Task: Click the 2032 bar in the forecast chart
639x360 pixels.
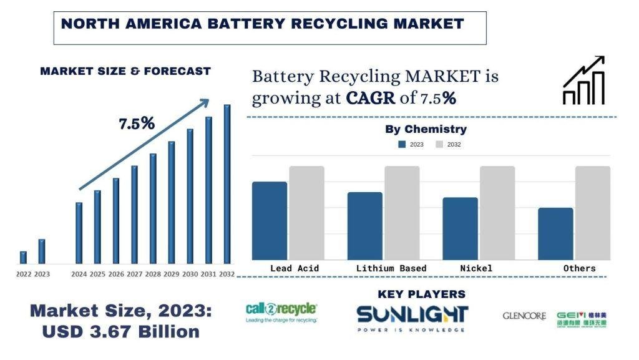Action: [227, 184]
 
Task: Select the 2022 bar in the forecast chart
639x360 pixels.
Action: [23, 258]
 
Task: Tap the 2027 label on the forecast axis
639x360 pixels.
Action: [134, 274]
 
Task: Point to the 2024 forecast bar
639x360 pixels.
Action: [79, 233]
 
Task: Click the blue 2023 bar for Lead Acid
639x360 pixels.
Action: [270, 221]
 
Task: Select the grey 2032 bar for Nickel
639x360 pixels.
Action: [497, 213]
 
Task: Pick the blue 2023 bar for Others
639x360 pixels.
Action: [555, 234]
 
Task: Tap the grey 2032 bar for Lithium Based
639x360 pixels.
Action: [402, 213]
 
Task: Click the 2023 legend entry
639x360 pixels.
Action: [411, 145]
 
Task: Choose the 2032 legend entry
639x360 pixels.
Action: [448, 145]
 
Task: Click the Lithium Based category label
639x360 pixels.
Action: [391, 268]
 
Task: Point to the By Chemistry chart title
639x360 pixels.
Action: [426, 130]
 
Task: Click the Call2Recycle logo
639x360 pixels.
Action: [281, 312]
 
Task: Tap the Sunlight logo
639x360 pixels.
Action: [412, 317]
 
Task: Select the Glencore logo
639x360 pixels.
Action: [524, 316]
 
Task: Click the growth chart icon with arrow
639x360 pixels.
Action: [583, 80]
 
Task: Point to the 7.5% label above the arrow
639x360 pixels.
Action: [137, 124]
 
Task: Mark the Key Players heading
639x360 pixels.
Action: [421, 294]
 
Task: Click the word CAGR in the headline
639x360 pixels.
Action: [371, 98]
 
